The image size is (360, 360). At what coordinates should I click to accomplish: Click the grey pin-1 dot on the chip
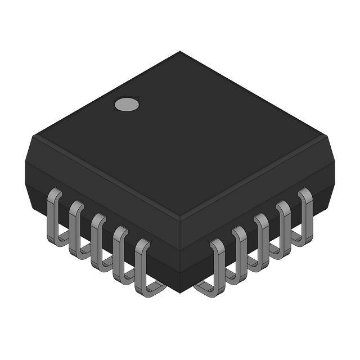[127, 103]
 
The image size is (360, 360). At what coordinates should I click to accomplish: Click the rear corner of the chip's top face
[180, 52]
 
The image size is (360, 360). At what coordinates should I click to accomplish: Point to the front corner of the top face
[180, 217]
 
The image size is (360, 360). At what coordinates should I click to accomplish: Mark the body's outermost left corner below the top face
[26, 163]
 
